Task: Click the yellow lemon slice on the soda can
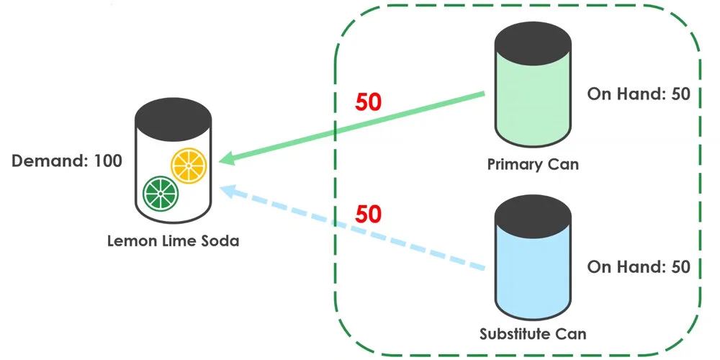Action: (x=189, y=166)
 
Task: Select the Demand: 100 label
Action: (x=67, y=161)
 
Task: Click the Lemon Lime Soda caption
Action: (x=173, y=241)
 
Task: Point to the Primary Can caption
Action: (x=533, y=164)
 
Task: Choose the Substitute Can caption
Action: (x=533, y=333)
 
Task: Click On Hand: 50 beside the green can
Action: (x=639, y=94)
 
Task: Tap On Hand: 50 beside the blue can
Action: (x=639, y=267)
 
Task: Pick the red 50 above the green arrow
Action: (x=368, y=103)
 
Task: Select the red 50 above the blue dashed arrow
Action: (x=368, y=214)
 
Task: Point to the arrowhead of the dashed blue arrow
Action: (x=228, y=192)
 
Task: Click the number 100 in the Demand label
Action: (x=108, y=161)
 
